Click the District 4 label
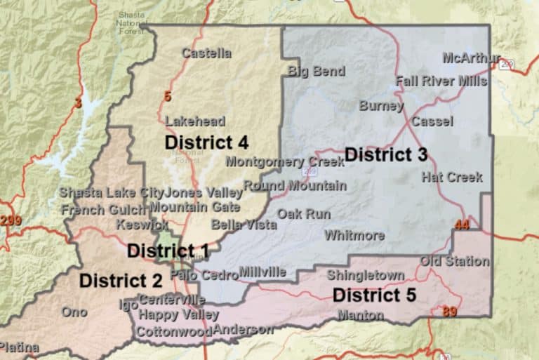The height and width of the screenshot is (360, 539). [206, 142]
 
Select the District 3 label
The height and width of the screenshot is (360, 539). [386, 154]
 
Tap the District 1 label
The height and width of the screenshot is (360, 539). [168, 251]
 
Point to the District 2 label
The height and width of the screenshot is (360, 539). [121, 281]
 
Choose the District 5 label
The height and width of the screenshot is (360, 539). [374, 295]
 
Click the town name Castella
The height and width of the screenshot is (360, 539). [206, 53]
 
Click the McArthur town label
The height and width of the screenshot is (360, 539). [471, 58]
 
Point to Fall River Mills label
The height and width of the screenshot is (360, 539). [441, 81]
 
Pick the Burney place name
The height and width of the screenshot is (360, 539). [381, 106]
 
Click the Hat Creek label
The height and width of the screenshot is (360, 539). [452, 177]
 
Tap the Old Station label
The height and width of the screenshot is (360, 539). [455, 261]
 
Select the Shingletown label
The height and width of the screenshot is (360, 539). [365, 275]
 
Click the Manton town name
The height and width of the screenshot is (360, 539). [360, 315]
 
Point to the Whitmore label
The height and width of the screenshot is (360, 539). [354, 235]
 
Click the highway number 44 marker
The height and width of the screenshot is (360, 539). [461, 225]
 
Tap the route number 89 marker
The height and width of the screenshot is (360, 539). [449, 312]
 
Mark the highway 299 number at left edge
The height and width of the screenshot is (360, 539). [11, 221]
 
